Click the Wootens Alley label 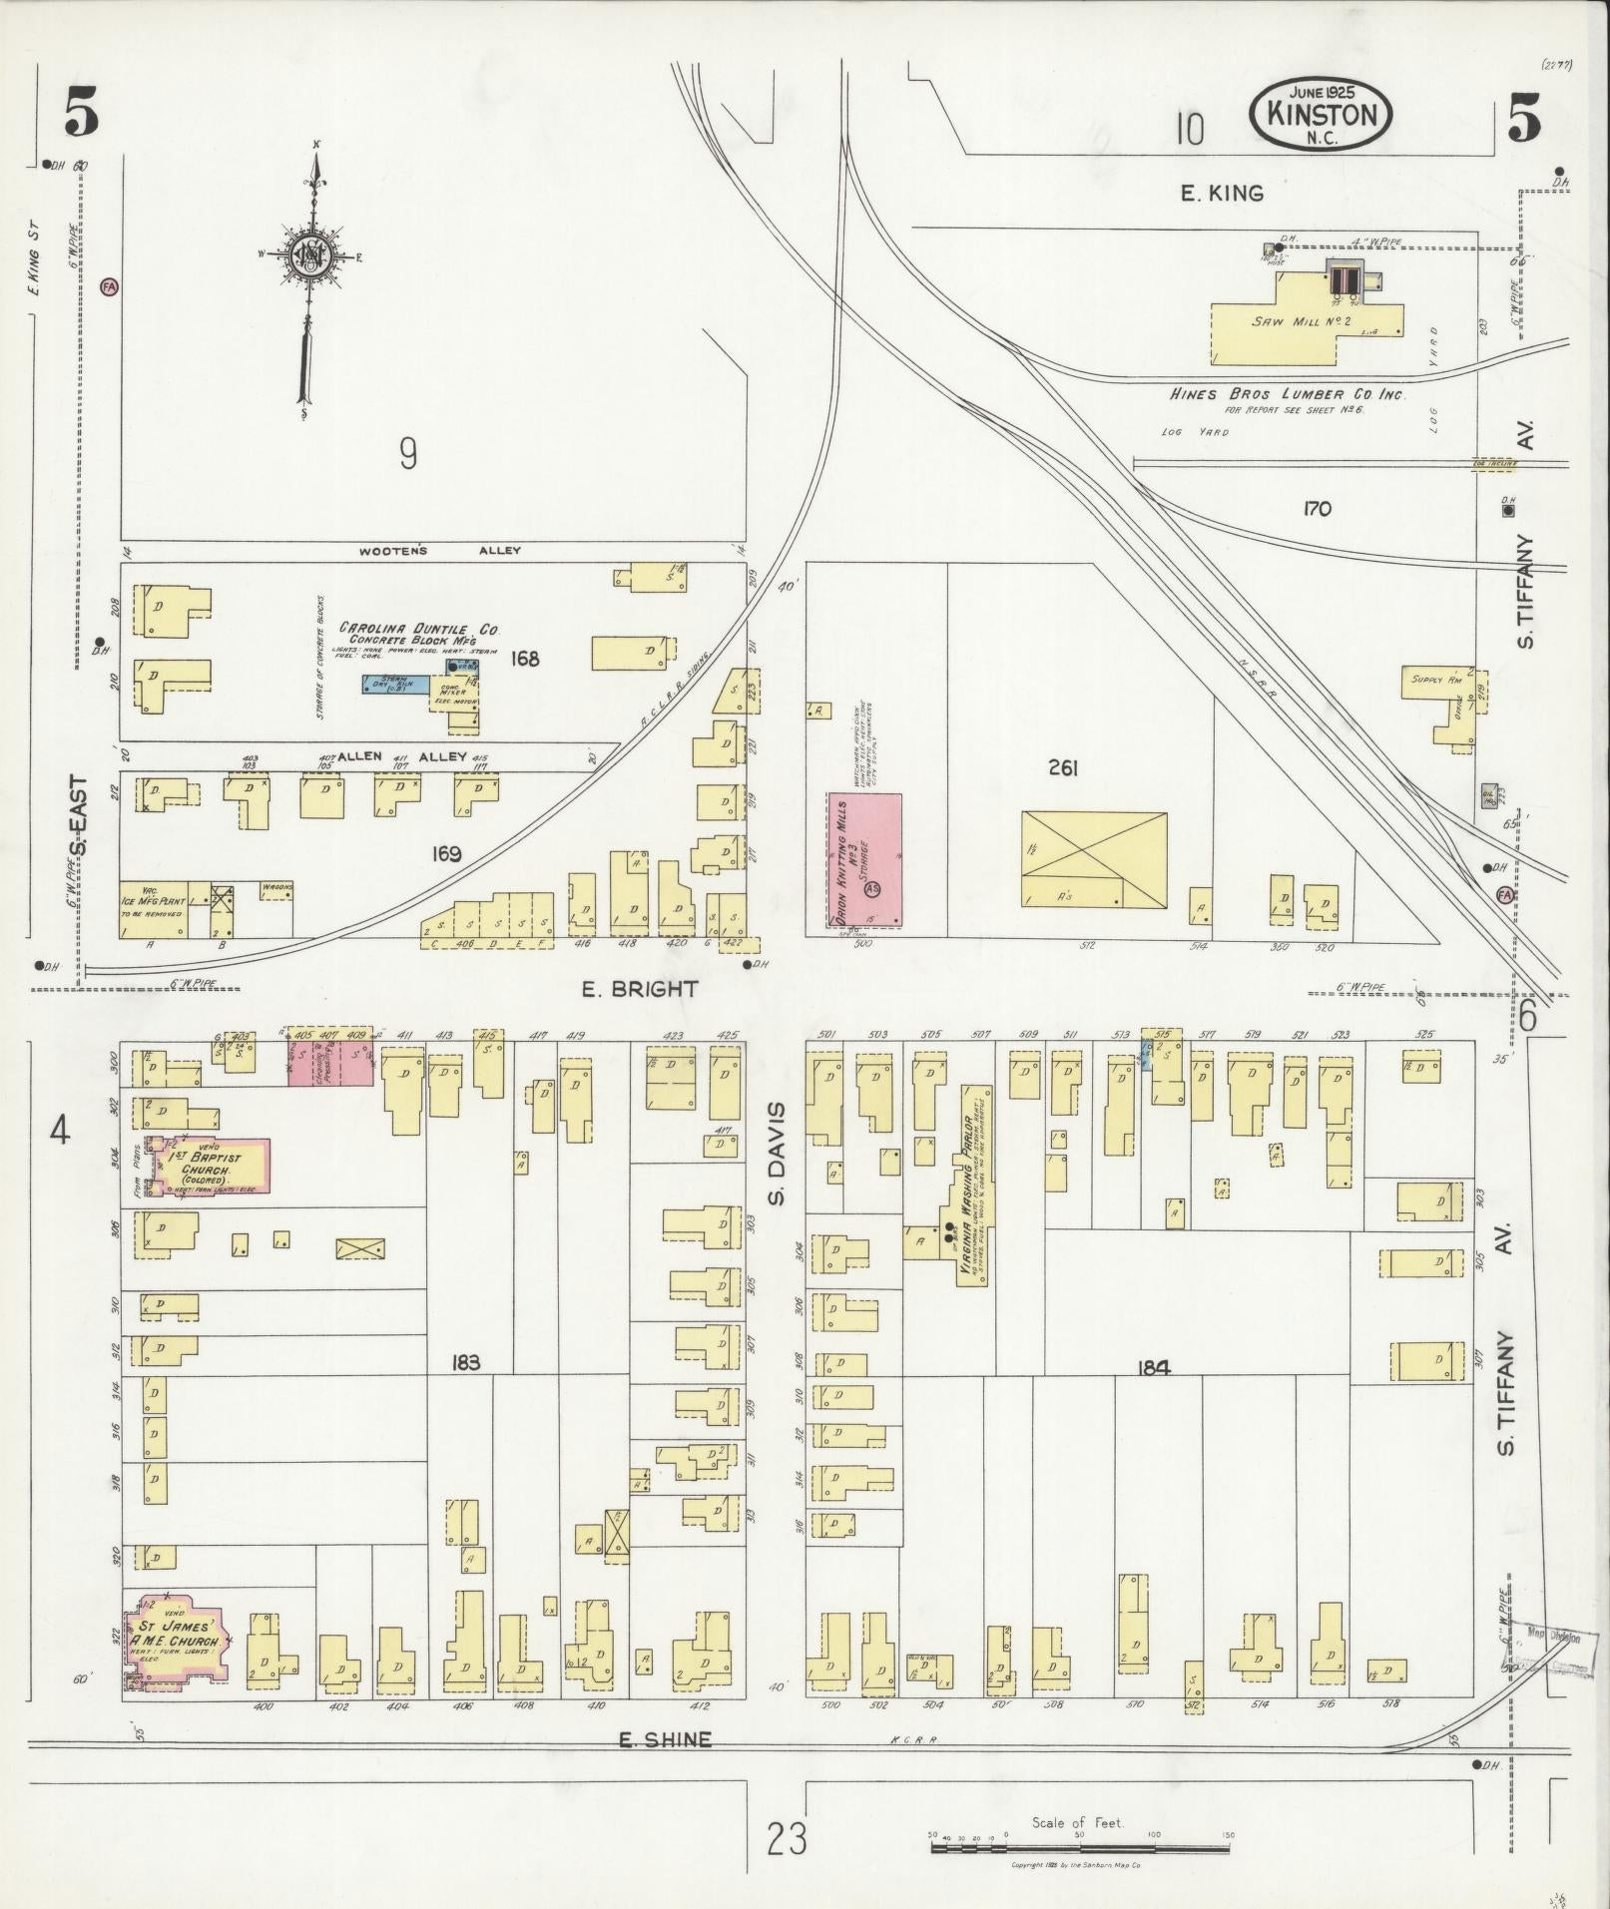click(x=439, y=551)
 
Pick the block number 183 click(x=465, y=1362)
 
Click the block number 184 click(x=1152, y=1368)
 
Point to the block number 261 click(x=1063, y=767)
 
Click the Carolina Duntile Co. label click(x=419, y=629)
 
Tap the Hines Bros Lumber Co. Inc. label click(x=1288, y=394)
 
